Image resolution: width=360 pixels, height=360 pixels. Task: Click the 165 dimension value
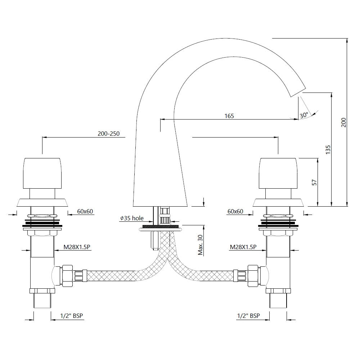(229, 116)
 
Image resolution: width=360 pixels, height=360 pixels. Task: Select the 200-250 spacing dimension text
(108, 134)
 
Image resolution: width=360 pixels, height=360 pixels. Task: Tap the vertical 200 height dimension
(343, 122)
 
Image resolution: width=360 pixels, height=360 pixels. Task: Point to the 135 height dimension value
(328, 149)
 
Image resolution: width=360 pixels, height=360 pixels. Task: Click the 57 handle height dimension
(314, 183)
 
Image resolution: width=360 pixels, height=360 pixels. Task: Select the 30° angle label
(303, 115)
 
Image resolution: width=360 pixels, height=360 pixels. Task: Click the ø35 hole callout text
(132, 218)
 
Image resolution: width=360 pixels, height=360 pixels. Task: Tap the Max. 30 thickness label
(201, 245)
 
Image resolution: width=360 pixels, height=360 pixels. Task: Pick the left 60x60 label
(85, 212)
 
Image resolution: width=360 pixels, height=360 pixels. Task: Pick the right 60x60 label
(235, 212)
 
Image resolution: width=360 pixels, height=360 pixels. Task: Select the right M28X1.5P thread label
(243, 247)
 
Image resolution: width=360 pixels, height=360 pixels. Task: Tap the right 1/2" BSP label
(248, 316)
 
